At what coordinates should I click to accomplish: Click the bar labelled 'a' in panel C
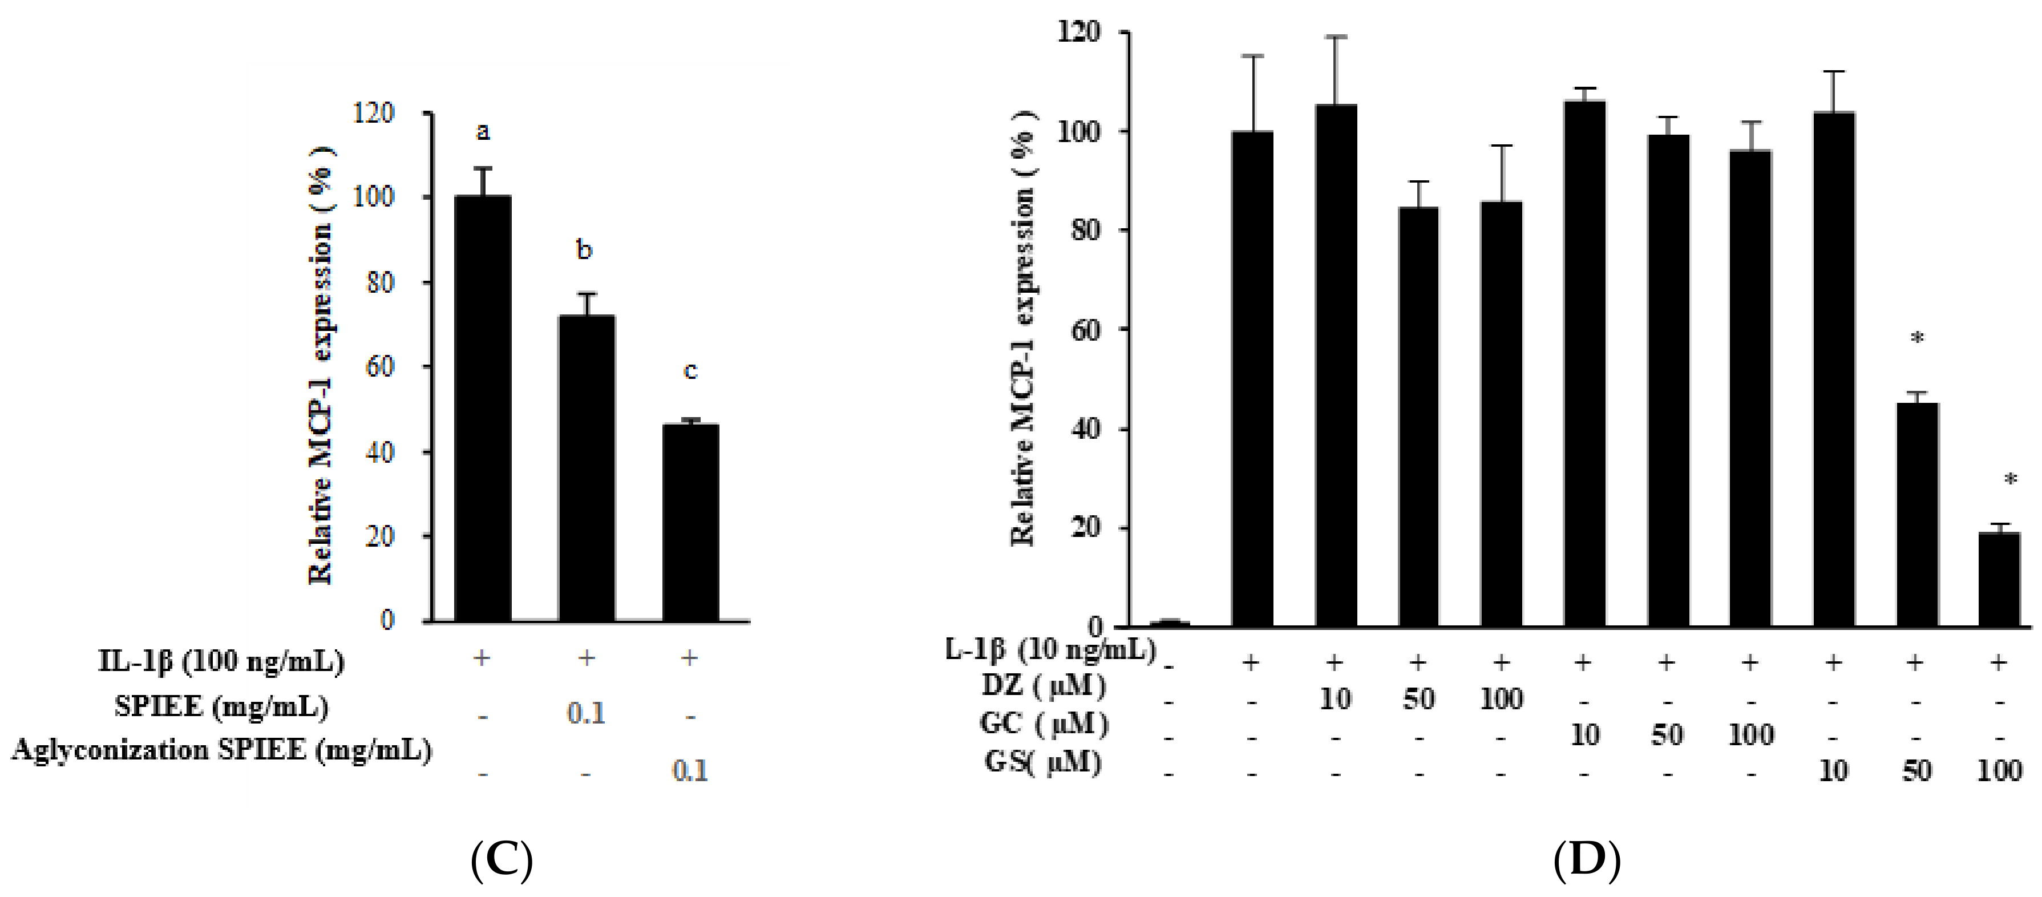(x=482, y=409)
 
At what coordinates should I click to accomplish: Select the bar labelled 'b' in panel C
(x=586, y=468)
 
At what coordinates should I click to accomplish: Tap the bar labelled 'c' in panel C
(x=690, y=523)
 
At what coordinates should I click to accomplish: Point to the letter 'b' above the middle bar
(x=584, y=250)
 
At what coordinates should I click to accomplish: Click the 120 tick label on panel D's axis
(x=1079, y=33)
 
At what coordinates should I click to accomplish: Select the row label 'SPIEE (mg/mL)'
(x=221, y=706)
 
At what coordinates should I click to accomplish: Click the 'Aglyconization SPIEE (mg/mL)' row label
(x=221, y=749)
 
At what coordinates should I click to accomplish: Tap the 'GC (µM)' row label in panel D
(x=1044, y=724)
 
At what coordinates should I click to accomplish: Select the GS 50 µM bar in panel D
(x=1916, y=515)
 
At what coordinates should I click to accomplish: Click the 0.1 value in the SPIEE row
(x=586, y=714)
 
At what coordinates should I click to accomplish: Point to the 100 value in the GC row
(x=1750, y=735)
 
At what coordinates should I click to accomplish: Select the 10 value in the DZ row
(x=1335, y=699)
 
